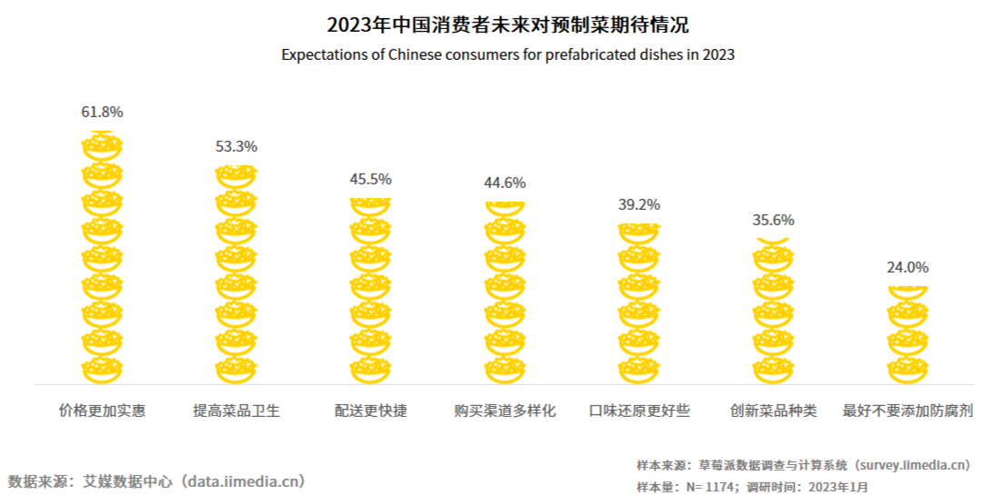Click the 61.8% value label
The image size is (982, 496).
point(102,113)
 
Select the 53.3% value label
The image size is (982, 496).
point(236,145)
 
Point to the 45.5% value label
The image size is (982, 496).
point(370,179)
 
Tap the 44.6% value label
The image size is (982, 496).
point(505,183)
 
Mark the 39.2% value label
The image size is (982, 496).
point(639,205)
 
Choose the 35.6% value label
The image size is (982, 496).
point(774,220)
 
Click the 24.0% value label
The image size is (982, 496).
point(907,268)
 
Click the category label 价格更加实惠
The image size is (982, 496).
point(102,411)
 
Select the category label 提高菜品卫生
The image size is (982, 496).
point(236,411)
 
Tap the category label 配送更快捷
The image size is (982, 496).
point(370,411)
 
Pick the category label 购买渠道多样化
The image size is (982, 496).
point(505,411)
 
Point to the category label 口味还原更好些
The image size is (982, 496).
point(639,411)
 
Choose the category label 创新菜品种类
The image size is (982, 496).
point(774,411)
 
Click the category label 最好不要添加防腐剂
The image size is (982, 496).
point(908,411)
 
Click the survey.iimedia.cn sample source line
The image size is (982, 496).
point(804,465)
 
